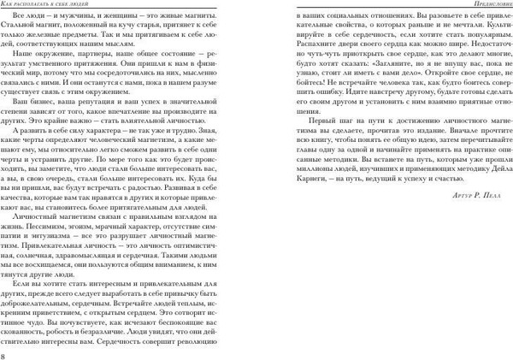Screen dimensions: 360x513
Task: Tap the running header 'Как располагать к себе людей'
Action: (x=52, y=6)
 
